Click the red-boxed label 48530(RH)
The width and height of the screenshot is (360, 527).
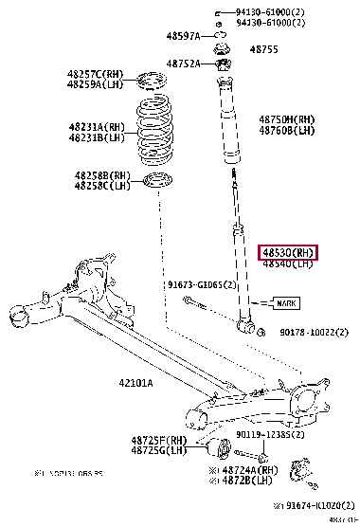[x=289, y=252]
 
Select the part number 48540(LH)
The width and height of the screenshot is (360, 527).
[x=288, y=264]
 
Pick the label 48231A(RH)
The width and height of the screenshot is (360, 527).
[x=96, y=127]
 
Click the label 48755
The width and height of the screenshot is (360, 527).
[x=263, y=48]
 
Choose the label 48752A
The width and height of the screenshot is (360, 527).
[x=182, y=64]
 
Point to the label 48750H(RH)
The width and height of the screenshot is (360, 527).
[x=287, y=119]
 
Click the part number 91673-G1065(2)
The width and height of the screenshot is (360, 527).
[x=202, y=283]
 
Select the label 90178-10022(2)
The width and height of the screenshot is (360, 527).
[x=315, y=333]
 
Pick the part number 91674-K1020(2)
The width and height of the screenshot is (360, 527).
[x=316, y=504]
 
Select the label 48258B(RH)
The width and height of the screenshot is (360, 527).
[x=102, y=176]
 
